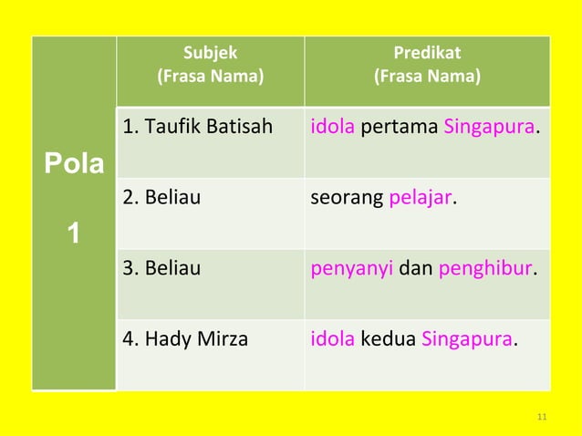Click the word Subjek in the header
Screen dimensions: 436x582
pos(210,53)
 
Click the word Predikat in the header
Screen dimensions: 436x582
pos(427,53)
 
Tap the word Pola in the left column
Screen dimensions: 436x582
pos(74,165)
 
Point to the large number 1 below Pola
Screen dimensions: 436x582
pos(74,234)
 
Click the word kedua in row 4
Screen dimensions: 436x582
pos(389,340)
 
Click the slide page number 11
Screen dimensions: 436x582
pos(542,418)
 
